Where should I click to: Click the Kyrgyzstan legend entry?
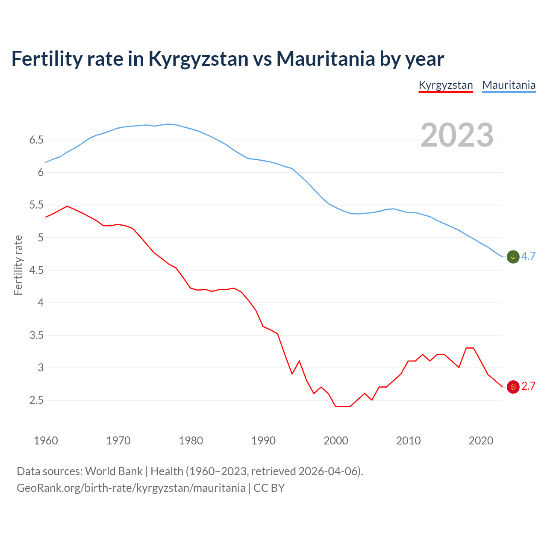point(446,85)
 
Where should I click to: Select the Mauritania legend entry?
point(509,85)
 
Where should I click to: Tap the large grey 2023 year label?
point(457,135)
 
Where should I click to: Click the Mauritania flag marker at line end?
point(513,257)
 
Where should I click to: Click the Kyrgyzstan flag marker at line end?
point(513,387)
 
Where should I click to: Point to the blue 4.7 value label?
point(528,256)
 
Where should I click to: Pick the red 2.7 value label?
point(528,386)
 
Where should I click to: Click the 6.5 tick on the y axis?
point(36,140)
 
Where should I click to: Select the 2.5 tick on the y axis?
point(36,400)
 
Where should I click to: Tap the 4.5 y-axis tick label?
point(36,271)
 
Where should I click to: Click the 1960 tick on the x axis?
point(46,441)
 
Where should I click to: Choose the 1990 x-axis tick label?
point(263,441)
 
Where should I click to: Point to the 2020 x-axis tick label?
point(481,441)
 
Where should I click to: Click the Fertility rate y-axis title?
point(18,265)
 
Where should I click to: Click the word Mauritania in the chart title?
point(326,59)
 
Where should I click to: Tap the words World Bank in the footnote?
point(114,471)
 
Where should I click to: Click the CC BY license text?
point(269,488)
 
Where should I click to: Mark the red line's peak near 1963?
point(67,206)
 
